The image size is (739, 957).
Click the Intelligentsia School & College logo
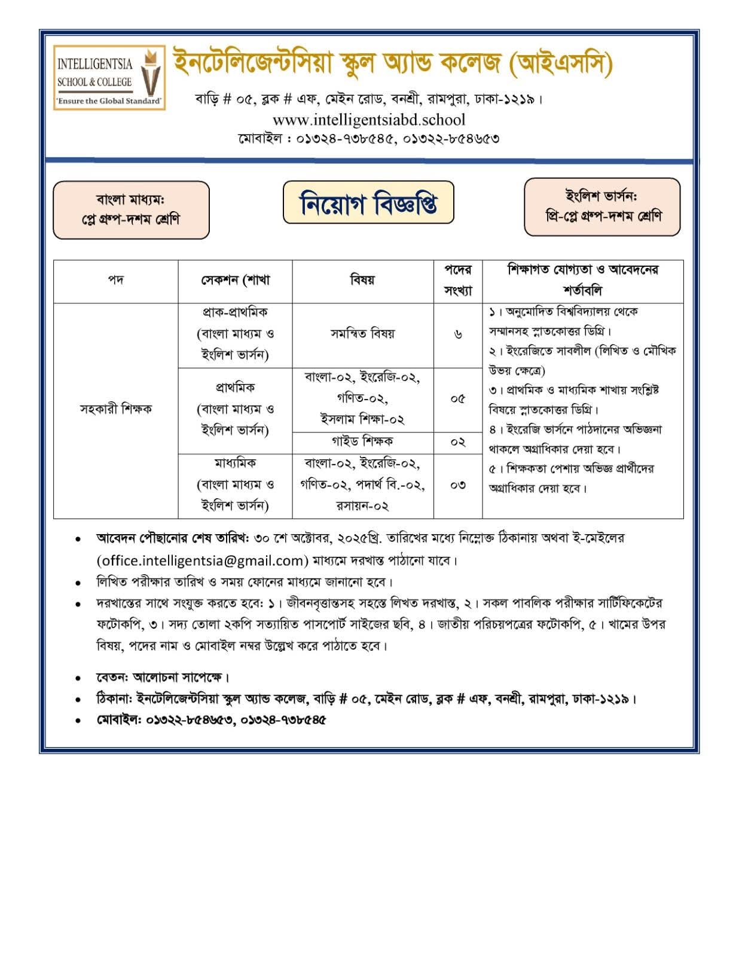click(x=109, y=77)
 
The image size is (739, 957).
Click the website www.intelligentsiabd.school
click(x=368, y=120)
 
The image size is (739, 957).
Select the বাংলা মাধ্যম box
click(x=131, y=210)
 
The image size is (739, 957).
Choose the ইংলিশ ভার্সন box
click(x=602, y=206)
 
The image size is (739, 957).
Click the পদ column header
click(x=115, y=280)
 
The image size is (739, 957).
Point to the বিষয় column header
click(x=362, y=280)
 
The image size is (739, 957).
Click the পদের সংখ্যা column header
click(x=457, y=280)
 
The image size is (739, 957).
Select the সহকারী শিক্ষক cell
click(x=115, y=409)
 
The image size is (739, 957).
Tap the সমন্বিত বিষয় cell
click(x=362, y=334)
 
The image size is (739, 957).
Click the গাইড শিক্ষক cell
click(x=362, y=442)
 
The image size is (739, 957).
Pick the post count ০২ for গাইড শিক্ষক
click(x=457, y=442)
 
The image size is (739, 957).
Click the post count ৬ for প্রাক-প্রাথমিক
click(x=457, y=334)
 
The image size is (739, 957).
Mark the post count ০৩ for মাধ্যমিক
click(x=457, y=485)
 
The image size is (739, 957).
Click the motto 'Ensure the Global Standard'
click(x=109, y=101)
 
